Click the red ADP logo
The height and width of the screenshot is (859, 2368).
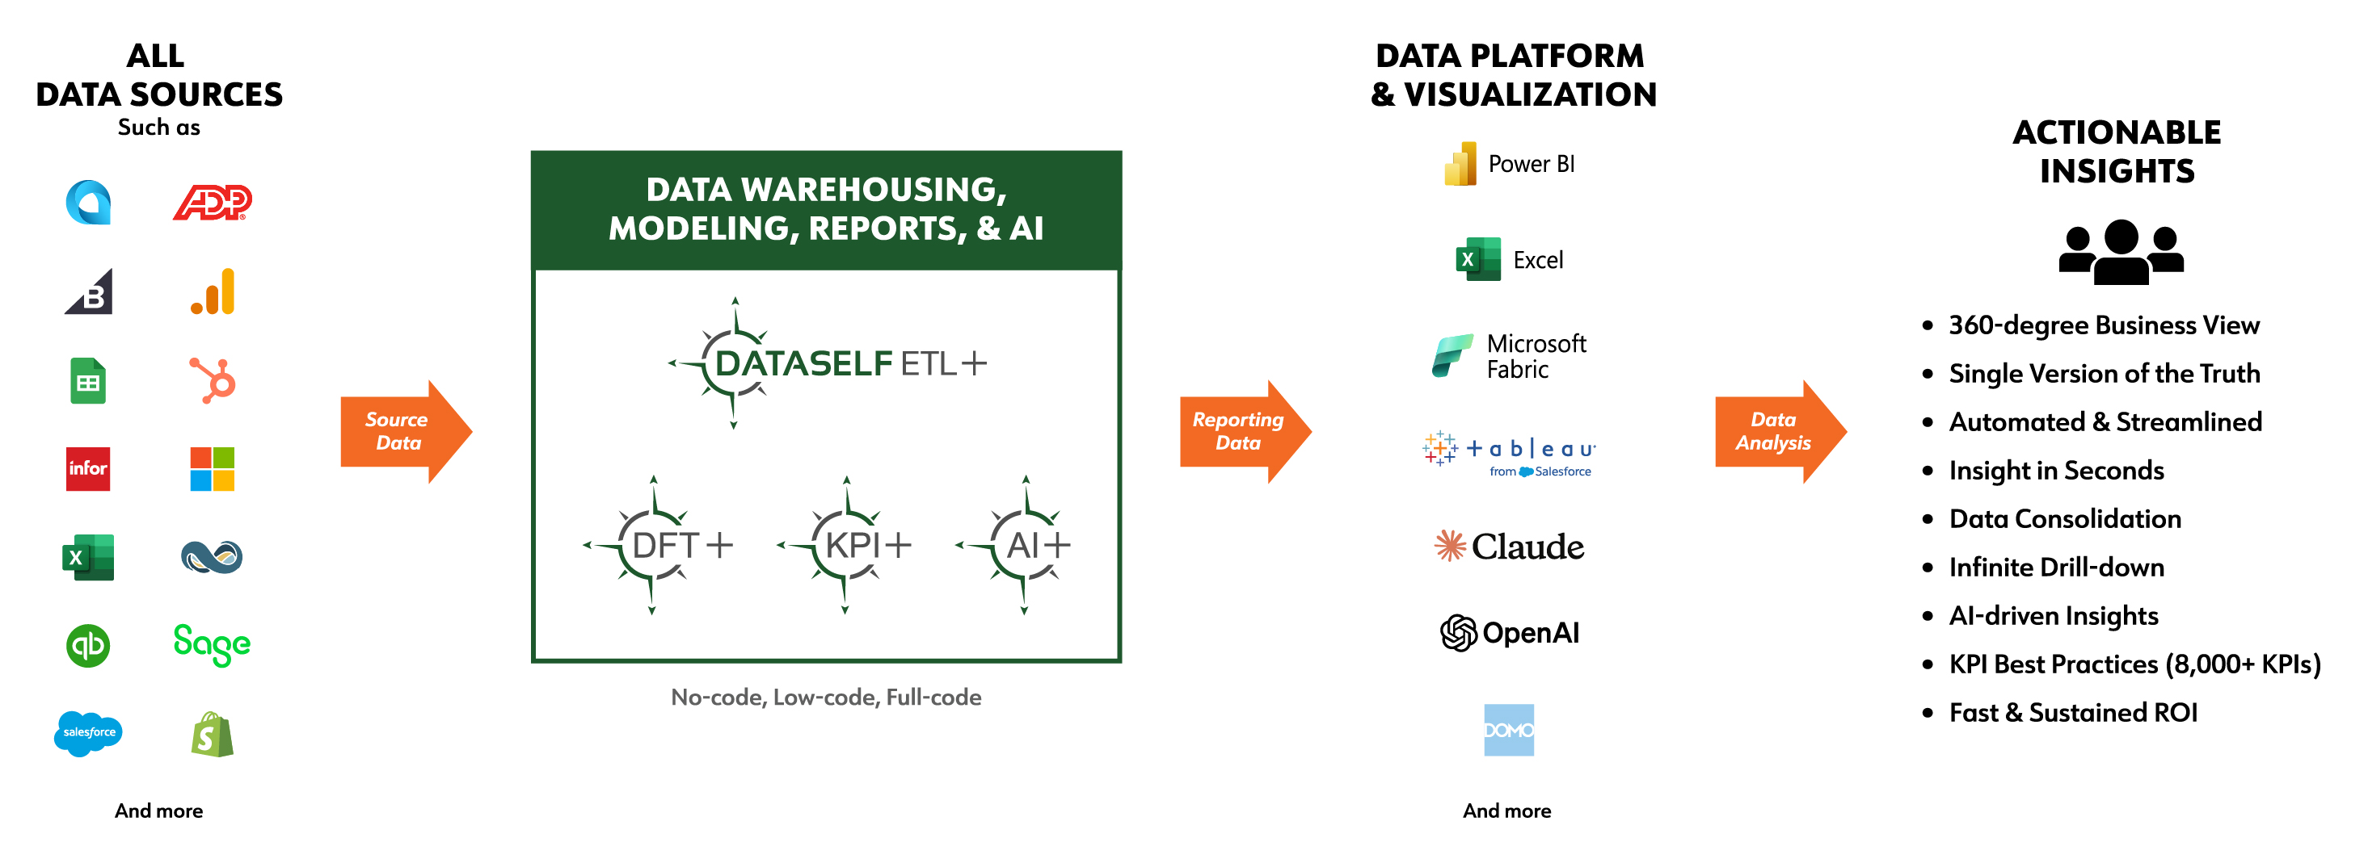pos(213,202)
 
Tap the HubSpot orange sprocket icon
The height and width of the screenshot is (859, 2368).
pos(213,380)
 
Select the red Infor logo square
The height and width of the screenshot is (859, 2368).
pos(88,468)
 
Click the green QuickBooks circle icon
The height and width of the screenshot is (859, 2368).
pos(88,646)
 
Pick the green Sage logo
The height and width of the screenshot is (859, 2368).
pos(213,644)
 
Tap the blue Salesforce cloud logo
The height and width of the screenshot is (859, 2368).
pos(88,733)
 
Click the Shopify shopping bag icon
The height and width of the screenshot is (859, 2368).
pos(213,734)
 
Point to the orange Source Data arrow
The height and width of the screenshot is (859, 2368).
pos(407,431)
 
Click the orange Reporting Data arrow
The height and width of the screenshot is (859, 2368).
pos(1245,431)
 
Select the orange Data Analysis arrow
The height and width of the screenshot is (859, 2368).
pos(1780,431)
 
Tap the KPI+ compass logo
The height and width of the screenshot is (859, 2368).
pos(845,545)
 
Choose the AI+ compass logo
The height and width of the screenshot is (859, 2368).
pos(1015,545)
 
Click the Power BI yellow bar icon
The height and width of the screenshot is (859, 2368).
pos(1460,164)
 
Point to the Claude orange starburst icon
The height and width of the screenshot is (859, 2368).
pos(1450,546)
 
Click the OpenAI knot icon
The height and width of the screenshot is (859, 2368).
pos(1458,633)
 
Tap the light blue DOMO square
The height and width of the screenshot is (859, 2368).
pos(1509,731)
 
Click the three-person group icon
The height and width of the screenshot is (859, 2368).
pos(2121,251)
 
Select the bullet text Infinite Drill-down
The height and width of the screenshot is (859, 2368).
pos(2056,568)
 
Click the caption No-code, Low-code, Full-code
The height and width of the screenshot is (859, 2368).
pos(825,698)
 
